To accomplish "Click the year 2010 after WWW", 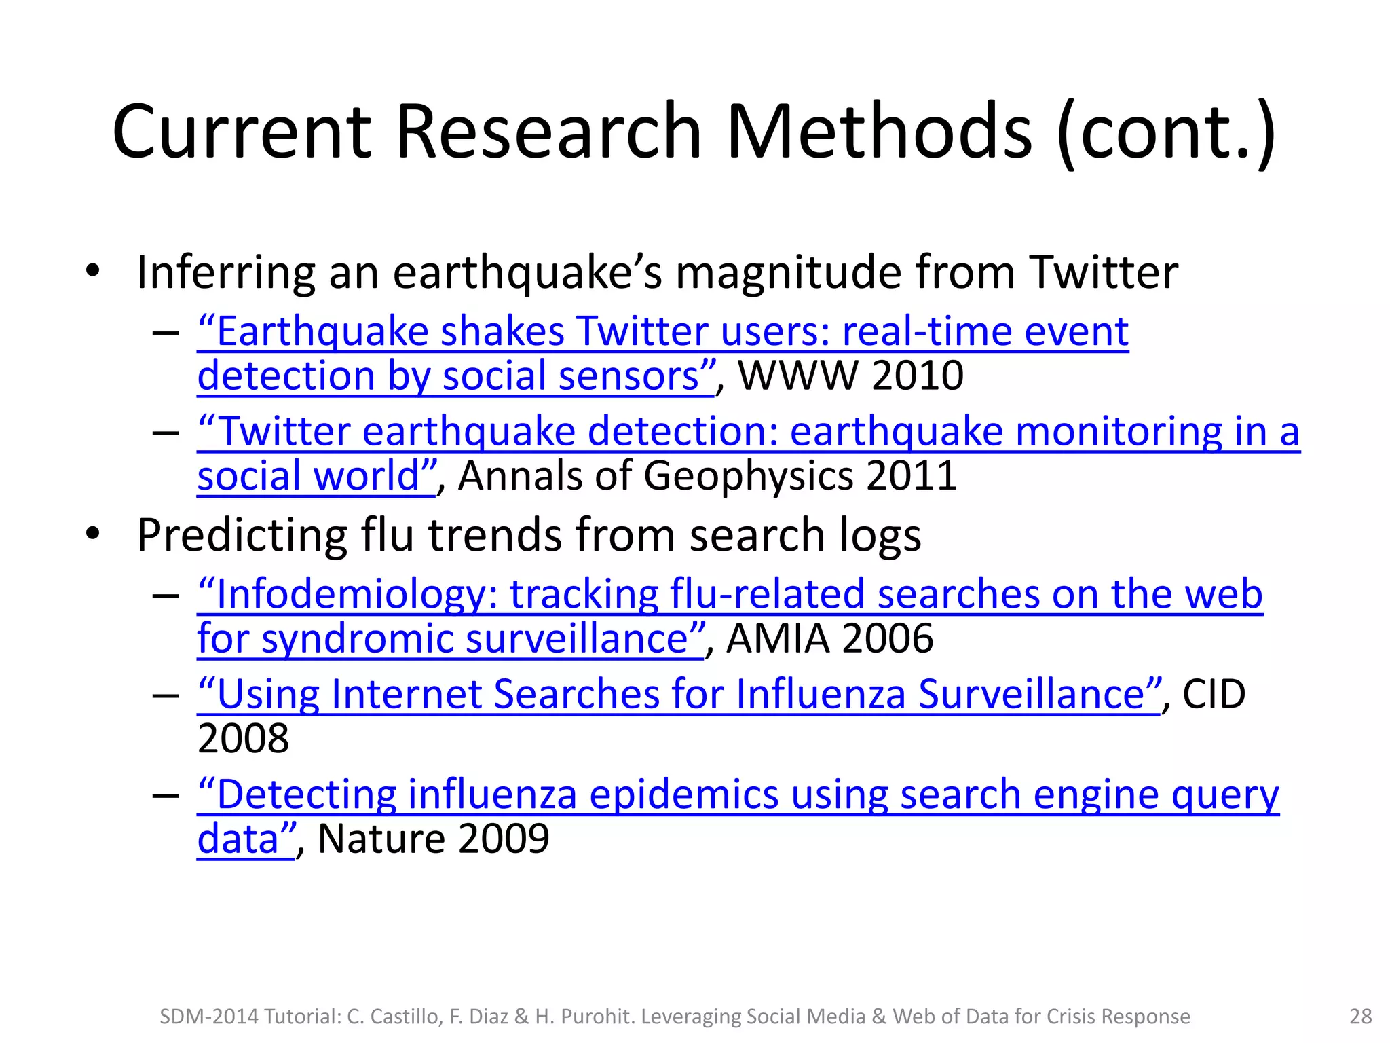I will pyautogui.click(x=918, y=376).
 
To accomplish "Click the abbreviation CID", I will pyautogui.click(x=1214, y=694).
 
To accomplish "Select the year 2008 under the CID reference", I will pyautogui.click(x=243, y=739).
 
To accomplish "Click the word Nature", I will pyautogui.click(x=381, y=839).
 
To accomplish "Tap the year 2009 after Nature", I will pyautogui.click(x=504, y=839).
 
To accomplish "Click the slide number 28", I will pyautogui.click(x=1361, y=1017).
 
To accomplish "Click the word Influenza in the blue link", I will pyautogui.click(x=821, y=695).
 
